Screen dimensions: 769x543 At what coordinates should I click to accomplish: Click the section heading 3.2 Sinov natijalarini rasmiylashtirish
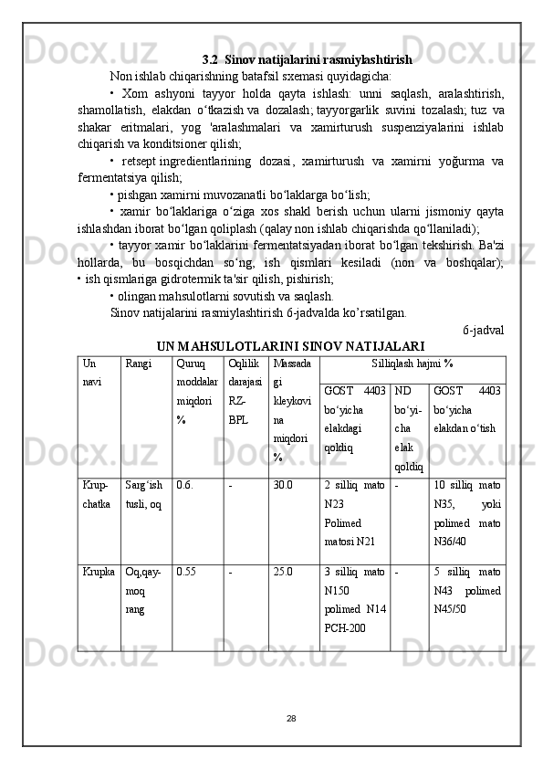click(307, 60)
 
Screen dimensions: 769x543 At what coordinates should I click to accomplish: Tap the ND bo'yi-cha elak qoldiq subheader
click(408, 428)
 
